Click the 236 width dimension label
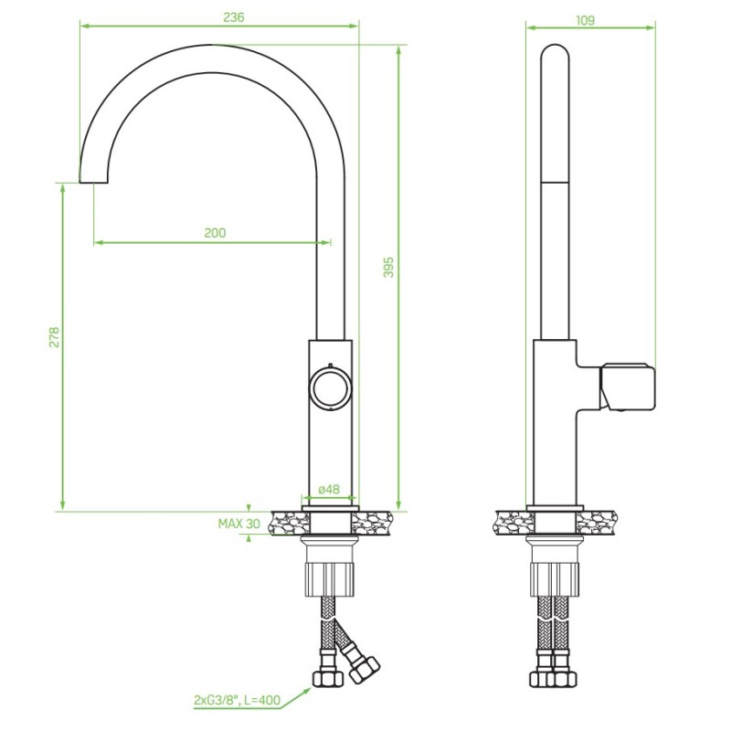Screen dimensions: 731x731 (x=234, y=17)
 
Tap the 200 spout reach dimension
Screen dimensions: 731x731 (x=215, y=233)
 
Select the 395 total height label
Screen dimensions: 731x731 (x=388, y=267)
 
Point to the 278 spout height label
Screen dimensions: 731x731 (x=55, y=337)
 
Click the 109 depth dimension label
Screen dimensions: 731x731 (x=585, y=20)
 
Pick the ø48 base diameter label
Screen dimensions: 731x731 (x=329, y=489)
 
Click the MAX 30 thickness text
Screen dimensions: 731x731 (x=239, y=524)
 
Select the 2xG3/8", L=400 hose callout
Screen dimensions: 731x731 (x=238, y=700)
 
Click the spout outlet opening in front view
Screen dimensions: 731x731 (x=94, y=182)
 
